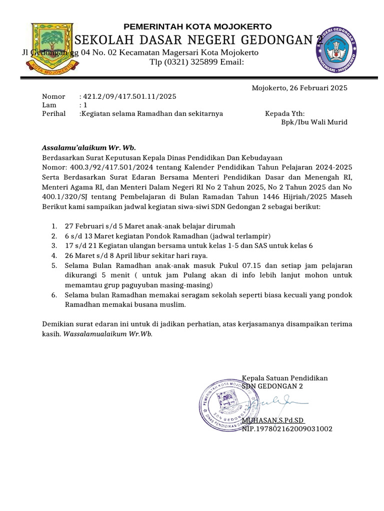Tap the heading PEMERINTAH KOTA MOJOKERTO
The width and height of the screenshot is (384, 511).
click(198, 26)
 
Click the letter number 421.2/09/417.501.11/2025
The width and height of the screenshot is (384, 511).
click(129, 96)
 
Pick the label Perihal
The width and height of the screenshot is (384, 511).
click(53, 113)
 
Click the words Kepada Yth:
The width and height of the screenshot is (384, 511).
click(284, 113)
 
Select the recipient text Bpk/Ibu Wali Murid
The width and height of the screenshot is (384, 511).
click(314, 122)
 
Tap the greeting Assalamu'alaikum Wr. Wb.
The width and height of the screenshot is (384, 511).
click(89, 148)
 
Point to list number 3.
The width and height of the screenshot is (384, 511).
click(53, 246)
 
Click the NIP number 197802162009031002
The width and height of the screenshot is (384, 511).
click(287, 429)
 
